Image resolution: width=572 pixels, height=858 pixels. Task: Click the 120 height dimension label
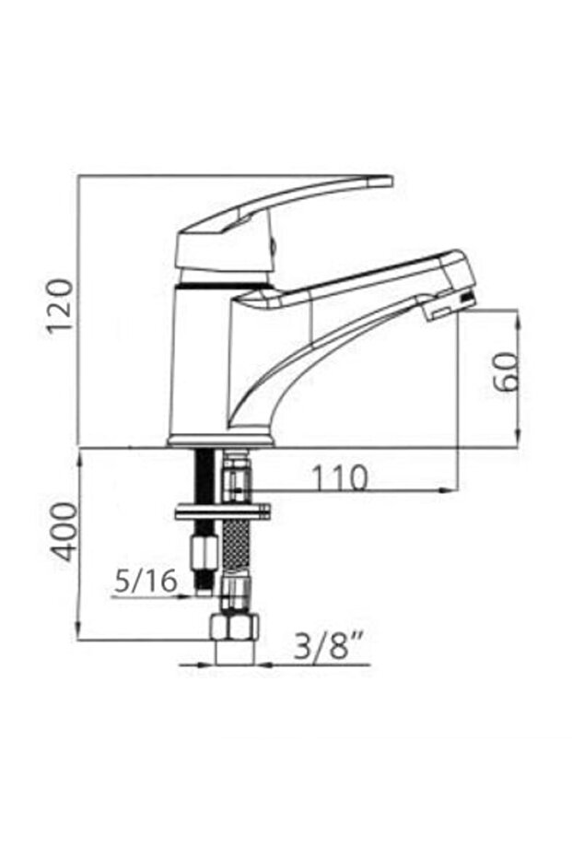(60, 307)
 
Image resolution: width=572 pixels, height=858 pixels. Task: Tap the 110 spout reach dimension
(338, 477)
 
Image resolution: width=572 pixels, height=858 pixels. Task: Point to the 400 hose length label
(64, 533)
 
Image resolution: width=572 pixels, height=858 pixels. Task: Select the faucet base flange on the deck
(221, 441)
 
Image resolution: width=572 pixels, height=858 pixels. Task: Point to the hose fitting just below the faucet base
(237, 475)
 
